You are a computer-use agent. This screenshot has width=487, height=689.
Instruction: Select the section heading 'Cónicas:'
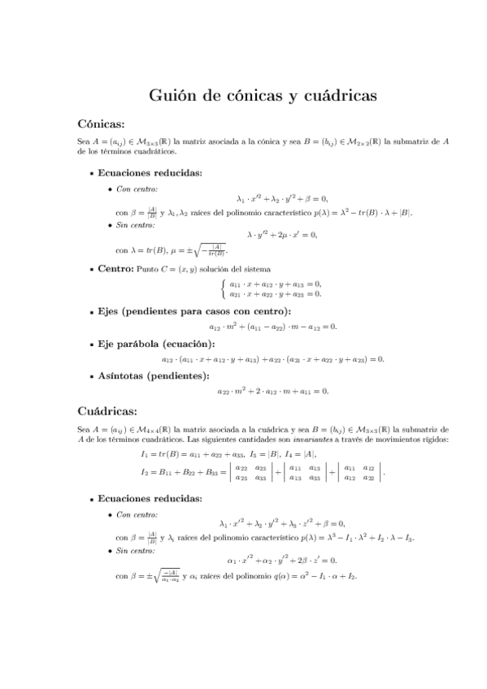[100, 124]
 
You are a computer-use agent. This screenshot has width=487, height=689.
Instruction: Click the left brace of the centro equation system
[224, 288]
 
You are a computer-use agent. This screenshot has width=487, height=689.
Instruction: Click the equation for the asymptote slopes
[272, 391]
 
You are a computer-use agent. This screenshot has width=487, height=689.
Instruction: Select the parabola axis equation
[272, 358]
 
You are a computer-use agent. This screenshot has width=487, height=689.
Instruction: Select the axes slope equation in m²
[272, 327]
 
